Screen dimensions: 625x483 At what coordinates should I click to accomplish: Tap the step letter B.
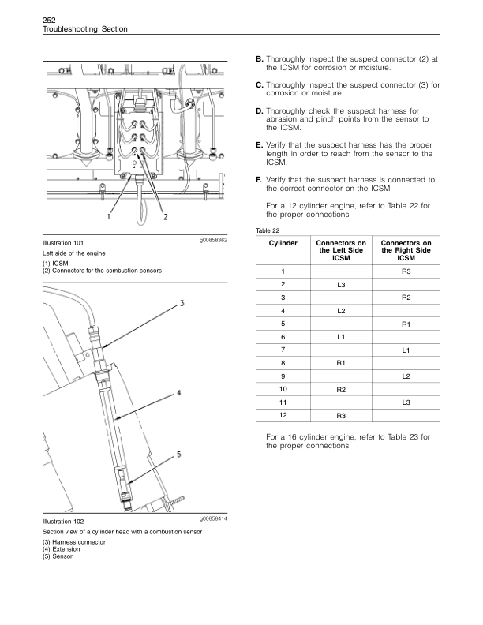pyautogui.click(x=260, y=60)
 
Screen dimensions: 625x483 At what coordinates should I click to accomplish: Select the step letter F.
pyautogui.click(x=260, y=180)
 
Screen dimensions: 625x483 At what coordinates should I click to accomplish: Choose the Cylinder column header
pyautogui.click(x=283, y=244)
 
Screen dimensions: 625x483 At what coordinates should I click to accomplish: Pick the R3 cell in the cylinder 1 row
pyautogui.click(x=406, y=271)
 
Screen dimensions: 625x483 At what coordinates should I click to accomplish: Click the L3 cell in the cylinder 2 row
pyautogui.click(x=341, y=283)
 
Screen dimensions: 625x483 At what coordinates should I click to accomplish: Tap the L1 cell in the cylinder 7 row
pyautogui.click(x=406, y=350)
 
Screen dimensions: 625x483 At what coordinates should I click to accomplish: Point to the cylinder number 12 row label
pyautogui.click(x=283, y=415)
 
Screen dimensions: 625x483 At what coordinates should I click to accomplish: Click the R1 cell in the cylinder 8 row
pyautogui.click(x=341, y=363)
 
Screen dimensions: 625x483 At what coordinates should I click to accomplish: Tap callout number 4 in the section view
pyautogui.click(x=180, y=392)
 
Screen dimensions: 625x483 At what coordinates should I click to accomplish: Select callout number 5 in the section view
pyautogui.click(x=180, y=455)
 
